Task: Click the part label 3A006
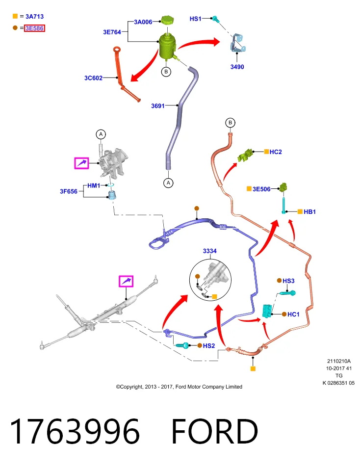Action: (143, 22)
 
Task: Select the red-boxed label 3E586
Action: (34, 28)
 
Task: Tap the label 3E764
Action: (112, 32)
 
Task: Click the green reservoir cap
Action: (167, 21)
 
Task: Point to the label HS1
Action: (196, 19)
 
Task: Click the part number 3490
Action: (237, 67)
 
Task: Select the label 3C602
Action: (93, 78)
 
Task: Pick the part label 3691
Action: (158, 106)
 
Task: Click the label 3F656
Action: (69, 191)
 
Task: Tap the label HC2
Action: (276, 152)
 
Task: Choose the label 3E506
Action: (261, 189)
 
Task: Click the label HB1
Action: (309, 212)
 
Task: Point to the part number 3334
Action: (209, 251)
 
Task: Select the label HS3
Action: (288, 281)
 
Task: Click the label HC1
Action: (293, 314)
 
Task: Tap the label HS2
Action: (209, 346)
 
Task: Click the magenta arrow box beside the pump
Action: (82, 163)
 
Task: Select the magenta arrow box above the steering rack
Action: (126, 281)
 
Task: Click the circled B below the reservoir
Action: (166, 72)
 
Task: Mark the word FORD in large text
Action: (215, 431)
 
